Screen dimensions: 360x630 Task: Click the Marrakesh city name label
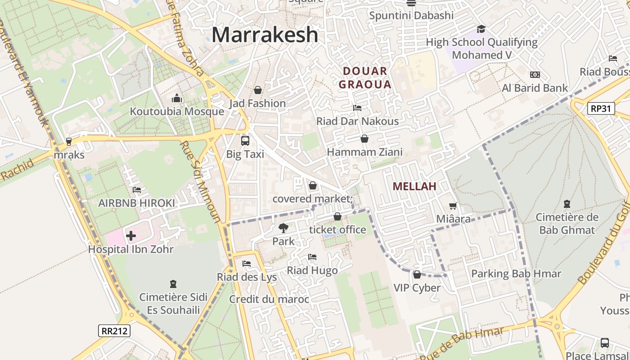click(x=265, y=35)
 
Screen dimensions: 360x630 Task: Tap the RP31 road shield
click(x=601, y=108)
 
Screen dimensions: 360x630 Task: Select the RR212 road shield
click(x=114, y=331)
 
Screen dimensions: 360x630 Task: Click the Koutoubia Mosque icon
click(x=176, y=98)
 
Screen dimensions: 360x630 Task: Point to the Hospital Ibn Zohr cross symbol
click(x=130, y=235)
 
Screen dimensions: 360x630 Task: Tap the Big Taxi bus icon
click(x=245, y=141)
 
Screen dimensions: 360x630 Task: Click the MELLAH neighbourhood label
click(x=414, y=186)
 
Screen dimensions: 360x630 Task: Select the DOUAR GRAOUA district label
click(x=365, y=77)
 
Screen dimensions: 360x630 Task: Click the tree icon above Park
click(x=283, y=228)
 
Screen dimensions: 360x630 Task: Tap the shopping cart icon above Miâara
click(x=453, y=206)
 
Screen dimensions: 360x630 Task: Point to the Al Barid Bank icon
click(x=535, y=75)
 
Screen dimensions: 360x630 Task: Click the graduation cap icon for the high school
click(x=481, y=29)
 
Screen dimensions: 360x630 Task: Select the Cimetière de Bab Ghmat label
click(x=567, y=224)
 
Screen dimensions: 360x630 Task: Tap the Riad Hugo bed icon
click(x=312, y=257)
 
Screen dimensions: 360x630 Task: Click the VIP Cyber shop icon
click(x=417, y=274)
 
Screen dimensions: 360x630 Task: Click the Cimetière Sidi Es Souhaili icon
click(x=173, y=284)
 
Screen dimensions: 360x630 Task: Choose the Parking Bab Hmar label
click(x=516, y=274)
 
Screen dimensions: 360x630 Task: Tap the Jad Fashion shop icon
click(x=257, y=90)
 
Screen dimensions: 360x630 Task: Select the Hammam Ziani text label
click(x=364, y=152)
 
